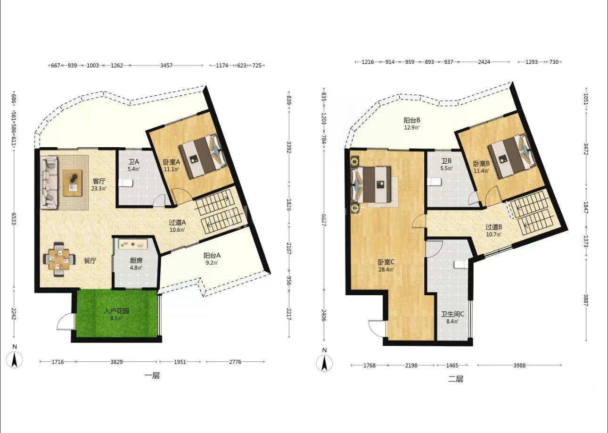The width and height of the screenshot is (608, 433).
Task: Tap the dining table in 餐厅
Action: (x=58, y=259)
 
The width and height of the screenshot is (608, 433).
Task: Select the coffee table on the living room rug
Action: (x=73, y=183)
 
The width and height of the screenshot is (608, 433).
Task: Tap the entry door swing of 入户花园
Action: (x=65, y=322)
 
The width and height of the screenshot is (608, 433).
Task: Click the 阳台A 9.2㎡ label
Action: (x=212, y=258)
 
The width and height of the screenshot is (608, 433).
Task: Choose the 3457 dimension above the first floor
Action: (x=166, y=66)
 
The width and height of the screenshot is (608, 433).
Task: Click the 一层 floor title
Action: (x=152, y=375)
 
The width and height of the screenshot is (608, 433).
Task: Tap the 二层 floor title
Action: (x=456, y=379)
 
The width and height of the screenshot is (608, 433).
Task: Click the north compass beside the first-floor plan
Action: (x=15, y=360)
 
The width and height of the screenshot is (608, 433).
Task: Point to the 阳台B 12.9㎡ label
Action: (x=412, y=123)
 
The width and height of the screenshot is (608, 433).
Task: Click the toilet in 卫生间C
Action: (x=461, y=265)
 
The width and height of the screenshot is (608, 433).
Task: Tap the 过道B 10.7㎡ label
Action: (x=494, y=230)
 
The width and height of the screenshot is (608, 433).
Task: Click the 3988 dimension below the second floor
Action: (x=519, y=366)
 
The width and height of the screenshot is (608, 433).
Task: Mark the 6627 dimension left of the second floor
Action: (x=323, y=220)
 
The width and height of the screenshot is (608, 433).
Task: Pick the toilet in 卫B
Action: (x=434, y=181)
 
